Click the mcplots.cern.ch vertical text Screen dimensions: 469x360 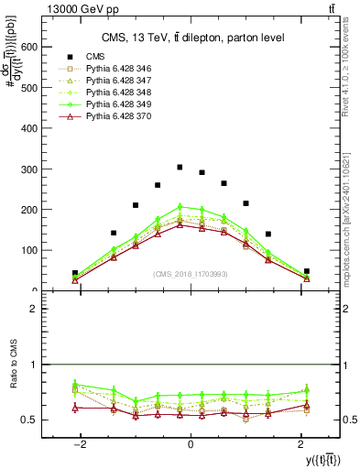pyautogui.click(x=352, y=220)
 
